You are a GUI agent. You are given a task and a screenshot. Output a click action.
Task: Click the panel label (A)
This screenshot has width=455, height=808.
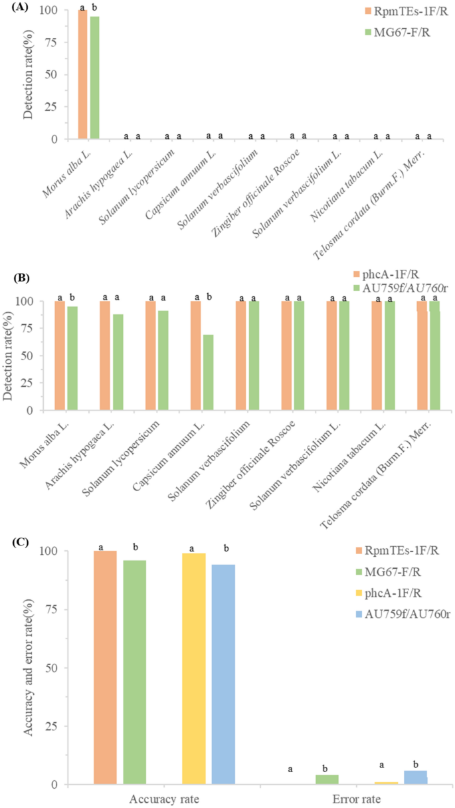coord(11,8)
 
